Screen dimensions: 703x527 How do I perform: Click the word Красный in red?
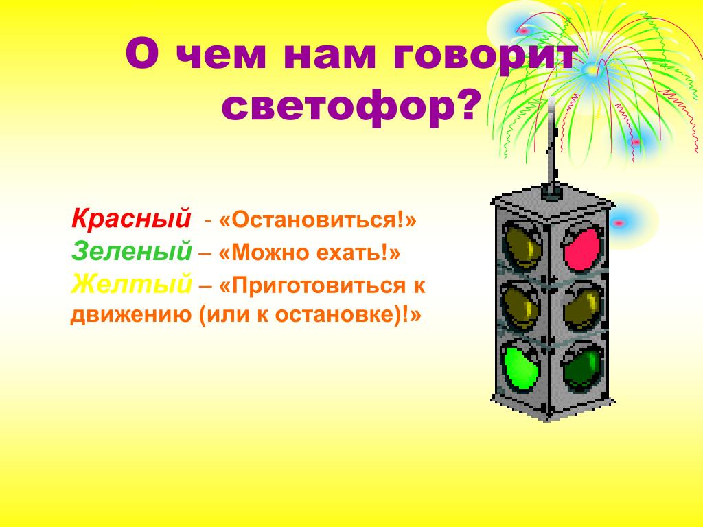(131, 219)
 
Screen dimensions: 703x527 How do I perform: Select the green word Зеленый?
(132, 251)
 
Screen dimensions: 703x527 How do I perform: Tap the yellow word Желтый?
(131, 283)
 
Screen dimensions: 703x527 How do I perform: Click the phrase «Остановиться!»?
(317, 220)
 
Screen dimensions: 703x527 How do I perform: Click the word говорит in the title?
(485, 56)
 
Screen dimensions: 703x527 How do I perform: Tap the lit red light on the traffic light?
(582, 248)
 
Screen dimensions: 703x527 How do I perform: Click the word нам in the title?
(329, 56)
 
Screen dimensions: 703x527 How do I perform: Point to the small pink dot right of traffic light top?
(619, 222)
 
